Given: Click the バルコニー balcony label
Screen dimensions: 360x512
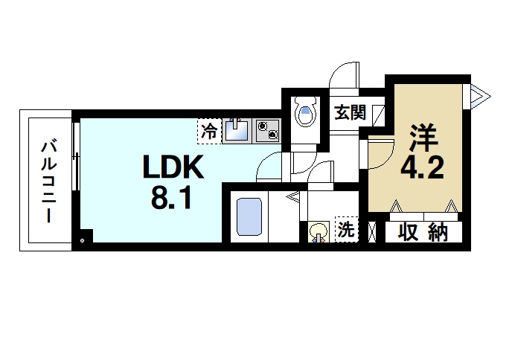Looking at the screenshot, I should [x=46, y=181].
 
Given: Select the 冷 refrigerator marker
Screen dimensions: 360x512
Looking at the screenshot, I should [x=209, y=132].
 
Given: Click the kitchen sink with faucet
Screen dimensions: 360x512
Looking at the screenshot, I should [x=237, y=130].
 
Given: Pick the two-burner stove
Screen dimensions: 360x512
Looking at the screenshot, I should [x=267, y=130].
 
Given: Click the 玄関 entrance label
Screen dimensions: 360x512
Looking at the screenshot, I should [x=350, y=113].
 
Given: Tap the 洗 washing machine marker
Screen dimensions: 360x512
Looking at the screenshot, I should [x=346, y=230].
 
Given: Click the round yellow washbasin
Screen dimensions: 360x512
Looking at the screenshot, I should [x=319, y=231].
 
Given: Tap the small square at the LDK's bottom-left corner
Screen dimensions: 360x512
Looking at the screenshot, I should [x=83, y=240].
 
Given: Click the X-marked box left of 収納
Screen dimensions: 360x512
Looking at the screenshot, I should [x=373, y=233].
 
